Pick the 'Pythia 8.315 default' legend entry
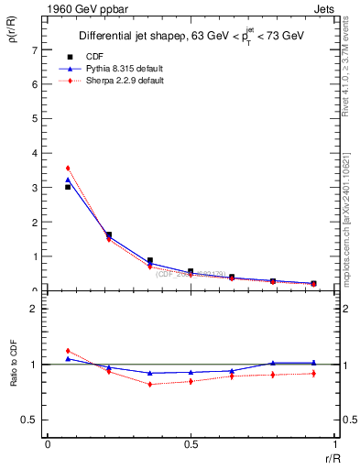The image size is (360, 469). tap(110, 69)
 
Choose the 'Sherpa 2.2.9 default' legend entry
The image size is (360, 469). tap(110, 81)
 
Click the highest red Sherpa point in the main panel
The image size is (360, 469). tap(68, 169)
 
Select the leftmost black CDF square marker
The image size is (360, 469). tap(68, 187)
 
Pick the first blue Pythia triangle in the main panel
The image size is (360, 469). tap(68, 180)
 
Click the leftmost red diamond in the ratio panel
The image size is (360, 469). tap(68, 351)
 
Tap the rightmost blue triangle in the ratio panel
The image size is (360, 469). tap(313, 363)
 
